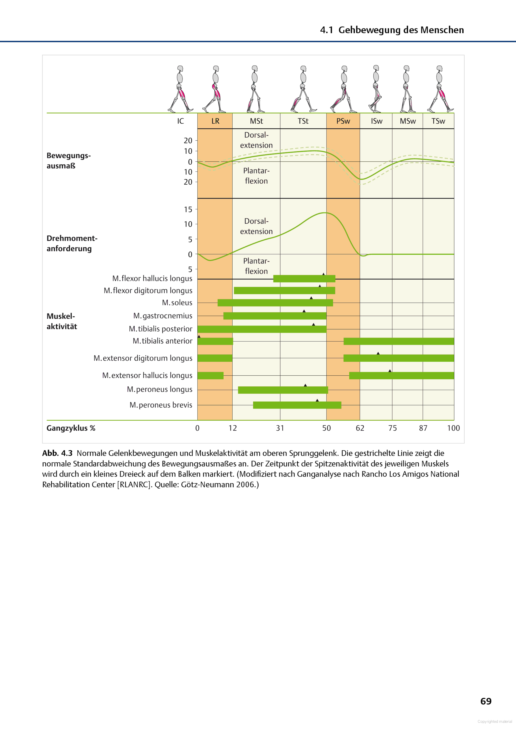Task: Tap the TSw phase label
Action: (x=438, y=121)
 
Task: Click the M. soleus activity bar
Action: (x=275, y=303)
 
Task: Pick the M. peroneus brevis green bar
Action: (x=297, y=405)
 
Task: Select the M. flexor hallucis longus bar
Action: (x=304, y=279)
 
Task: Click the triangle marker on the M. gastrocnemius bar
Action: (x=304, y=311)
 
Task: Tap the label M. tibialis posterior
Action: (x=160, y=329)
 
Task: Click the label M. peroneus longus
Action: (x=160, y=389)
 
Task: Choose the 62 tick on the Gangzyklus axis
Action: (x=360, y=428)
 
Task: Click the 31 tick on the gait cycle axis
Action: (x=280, y=428)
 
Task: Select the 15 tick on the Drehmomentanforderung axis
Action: (x=188, y=210)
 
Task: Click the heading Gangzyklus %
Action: (x=71, y=428)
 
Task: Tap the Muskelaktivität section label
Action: (x=62, y=321)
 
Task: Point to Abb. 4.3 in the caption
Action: (x=57, y=453)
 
